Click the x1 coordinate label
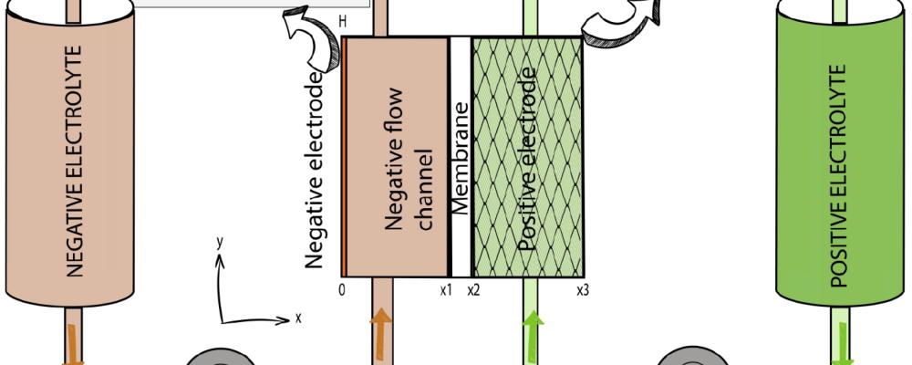coord(445,290)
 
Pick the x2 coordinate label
coord(473,290)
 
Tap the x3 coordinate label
coord(582,290)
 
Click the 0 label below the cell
coord(342,290)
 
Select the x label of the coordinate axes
coord(297,318)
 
